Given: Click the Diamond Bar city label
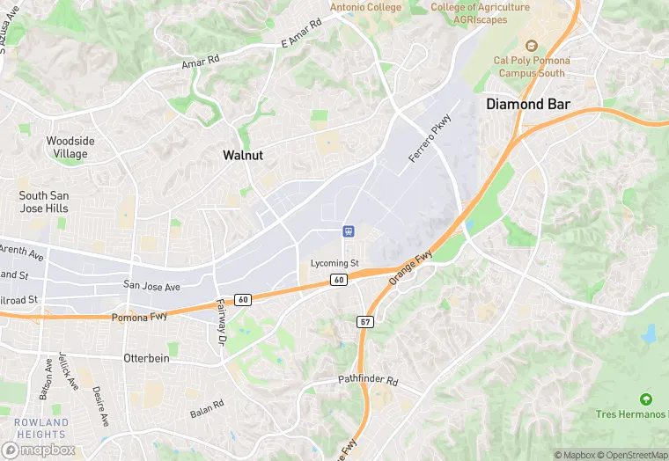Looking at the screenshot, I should [528, 104].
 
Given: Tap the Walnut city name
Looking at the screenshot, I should [243, 155].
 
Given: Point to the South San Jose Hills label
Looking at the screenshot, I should [44, 201].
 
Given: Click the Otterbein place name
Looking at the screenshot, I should [144, 359].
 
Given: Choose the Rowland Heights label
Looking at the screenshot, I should [41, 428].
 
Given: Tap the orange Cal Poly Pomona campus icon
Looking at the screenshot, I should [531, 45].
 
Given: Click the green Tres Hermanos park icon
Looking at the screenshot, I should [646, 399].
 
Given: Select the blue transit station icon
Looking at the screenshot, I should [349, 231].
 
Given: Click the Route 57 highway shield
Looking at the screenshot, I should [366, 322].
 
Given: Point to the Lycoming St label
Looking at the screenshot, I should [335, 263].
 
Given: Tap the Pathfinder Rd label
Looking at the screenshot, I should [369, 382].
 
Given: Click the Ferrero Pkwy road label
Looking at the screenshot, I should [430, 138].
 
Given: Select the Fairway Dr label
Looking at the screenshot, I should [221, 321].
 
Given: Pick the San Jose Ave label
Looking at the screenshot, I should [151, 286].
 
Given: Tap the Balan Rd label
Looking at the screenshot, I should [207, 408].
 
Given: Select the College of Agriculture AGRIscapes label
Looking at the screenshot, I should [481, 13].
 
